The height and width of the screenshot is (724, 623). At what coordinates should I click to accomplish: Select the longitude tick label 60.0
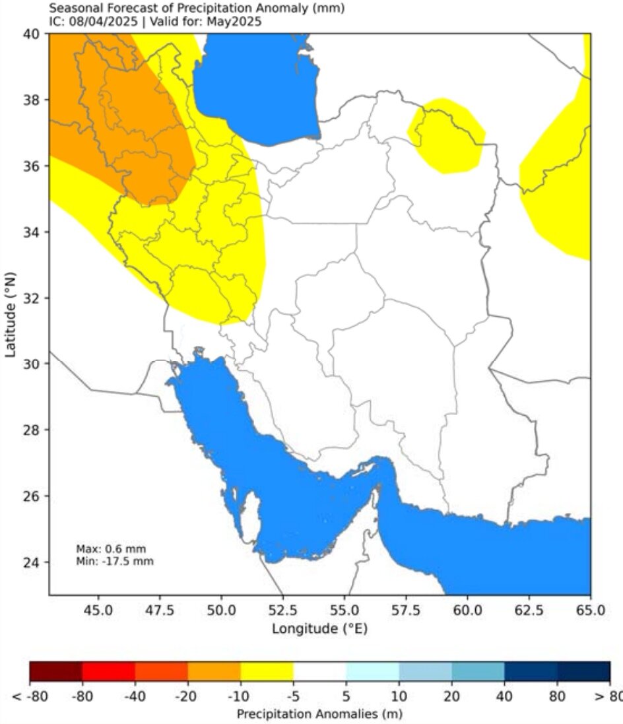[x=467, y=608]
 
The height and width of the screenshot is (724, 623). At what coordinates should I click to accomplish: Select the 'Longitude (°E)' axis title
[x=319, y=628]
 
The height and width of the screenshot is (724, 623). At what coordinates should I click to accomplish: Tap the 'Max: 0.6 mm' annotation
[x=112, y=548]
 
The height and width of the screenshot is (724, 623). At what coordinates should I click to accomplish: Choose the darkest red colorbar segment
[x=55, y=671]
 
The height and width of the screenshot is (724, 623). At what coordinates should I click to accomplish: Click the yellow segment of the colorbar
[x=267, y=671]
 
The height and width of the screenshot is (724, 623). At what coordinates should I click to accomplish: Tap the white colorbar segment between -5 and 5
[x=319, y=671]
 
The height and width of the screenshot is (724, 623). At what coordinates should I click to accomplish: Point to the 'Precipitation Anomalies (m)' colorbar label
[x=319, y=713]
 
